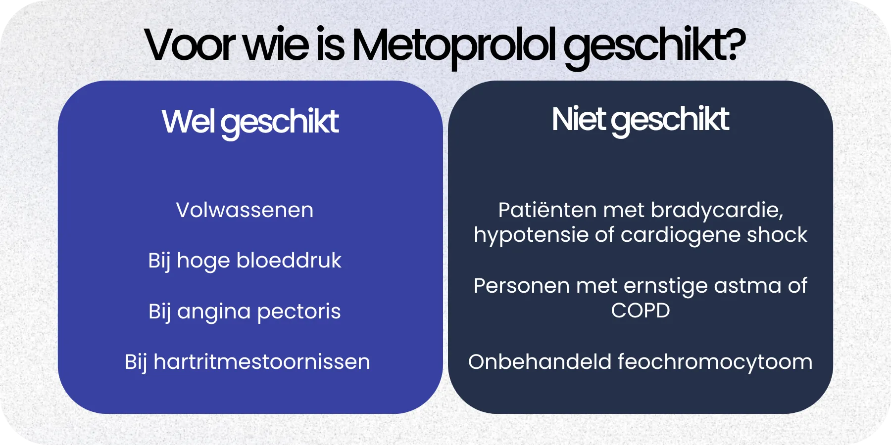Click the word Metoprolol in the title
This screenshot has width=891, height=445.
coord(454,45)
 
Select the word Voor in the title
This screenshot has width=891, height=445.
coord(189,45)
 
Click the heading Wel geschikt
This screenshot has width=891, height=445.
coord(250,122)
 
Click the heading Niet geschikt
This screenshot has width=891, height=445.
coord(640,120)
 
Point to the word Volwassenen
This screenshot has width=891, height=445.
coord(245,210)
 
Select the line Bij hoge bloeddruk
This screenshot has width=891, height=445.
coord(245,261)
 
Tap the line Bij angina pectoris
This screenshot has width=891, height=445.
coord(245,311)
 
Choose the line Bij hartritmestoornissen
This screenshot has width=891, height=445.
coord(247,362)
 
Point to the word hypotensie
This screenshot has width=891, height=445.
coord(531,235)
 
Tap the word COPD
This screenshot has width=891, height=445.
coord(640,311)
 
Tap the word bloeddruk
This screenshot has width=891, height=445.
coord(289,261)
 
